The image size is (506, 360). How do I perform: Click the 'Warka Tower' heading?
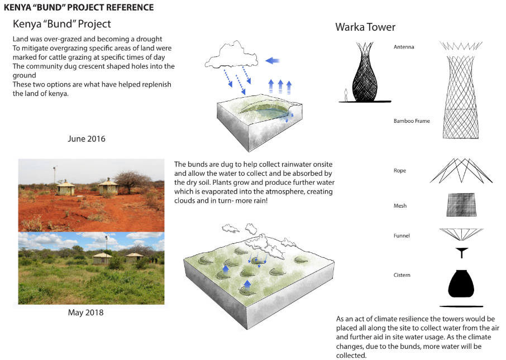(x=365, y=27)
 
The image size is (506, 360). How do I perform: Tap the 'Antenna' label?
(x=404, y=47)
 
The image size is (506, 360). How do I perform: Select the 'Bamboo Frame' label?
(x=412, y=121)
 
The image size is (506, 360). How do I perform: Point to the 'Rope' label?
(x=400, y=171)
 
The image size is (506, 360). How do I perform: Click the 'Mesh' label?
(x=400, y=206)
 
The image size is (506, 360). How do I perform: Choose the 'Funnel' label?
(x=402, y=236)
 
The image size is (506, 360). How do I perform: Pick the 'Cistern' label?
(x=402, y=275)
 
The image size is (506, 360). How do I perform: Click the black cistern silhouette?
(x=461, y=284)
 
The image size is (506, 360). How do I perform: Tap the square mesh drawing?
(x=461, y=204)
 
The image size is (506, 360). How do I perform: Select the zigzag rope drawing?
(x=461, y=170)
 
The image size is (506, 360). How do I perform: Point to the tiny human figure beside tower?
(x=346, y=95)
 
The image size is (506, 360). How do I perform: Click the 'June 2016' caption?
(x=87, y=139)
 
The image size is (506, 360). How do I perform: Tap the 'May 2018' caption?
(x=85, y=313)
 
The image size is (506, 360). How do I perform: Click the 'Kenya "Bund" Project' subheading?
(x=62, y=24)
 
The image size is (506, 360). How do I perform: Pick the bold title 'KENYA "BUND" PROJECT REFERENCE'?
(x=79, y=8)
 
